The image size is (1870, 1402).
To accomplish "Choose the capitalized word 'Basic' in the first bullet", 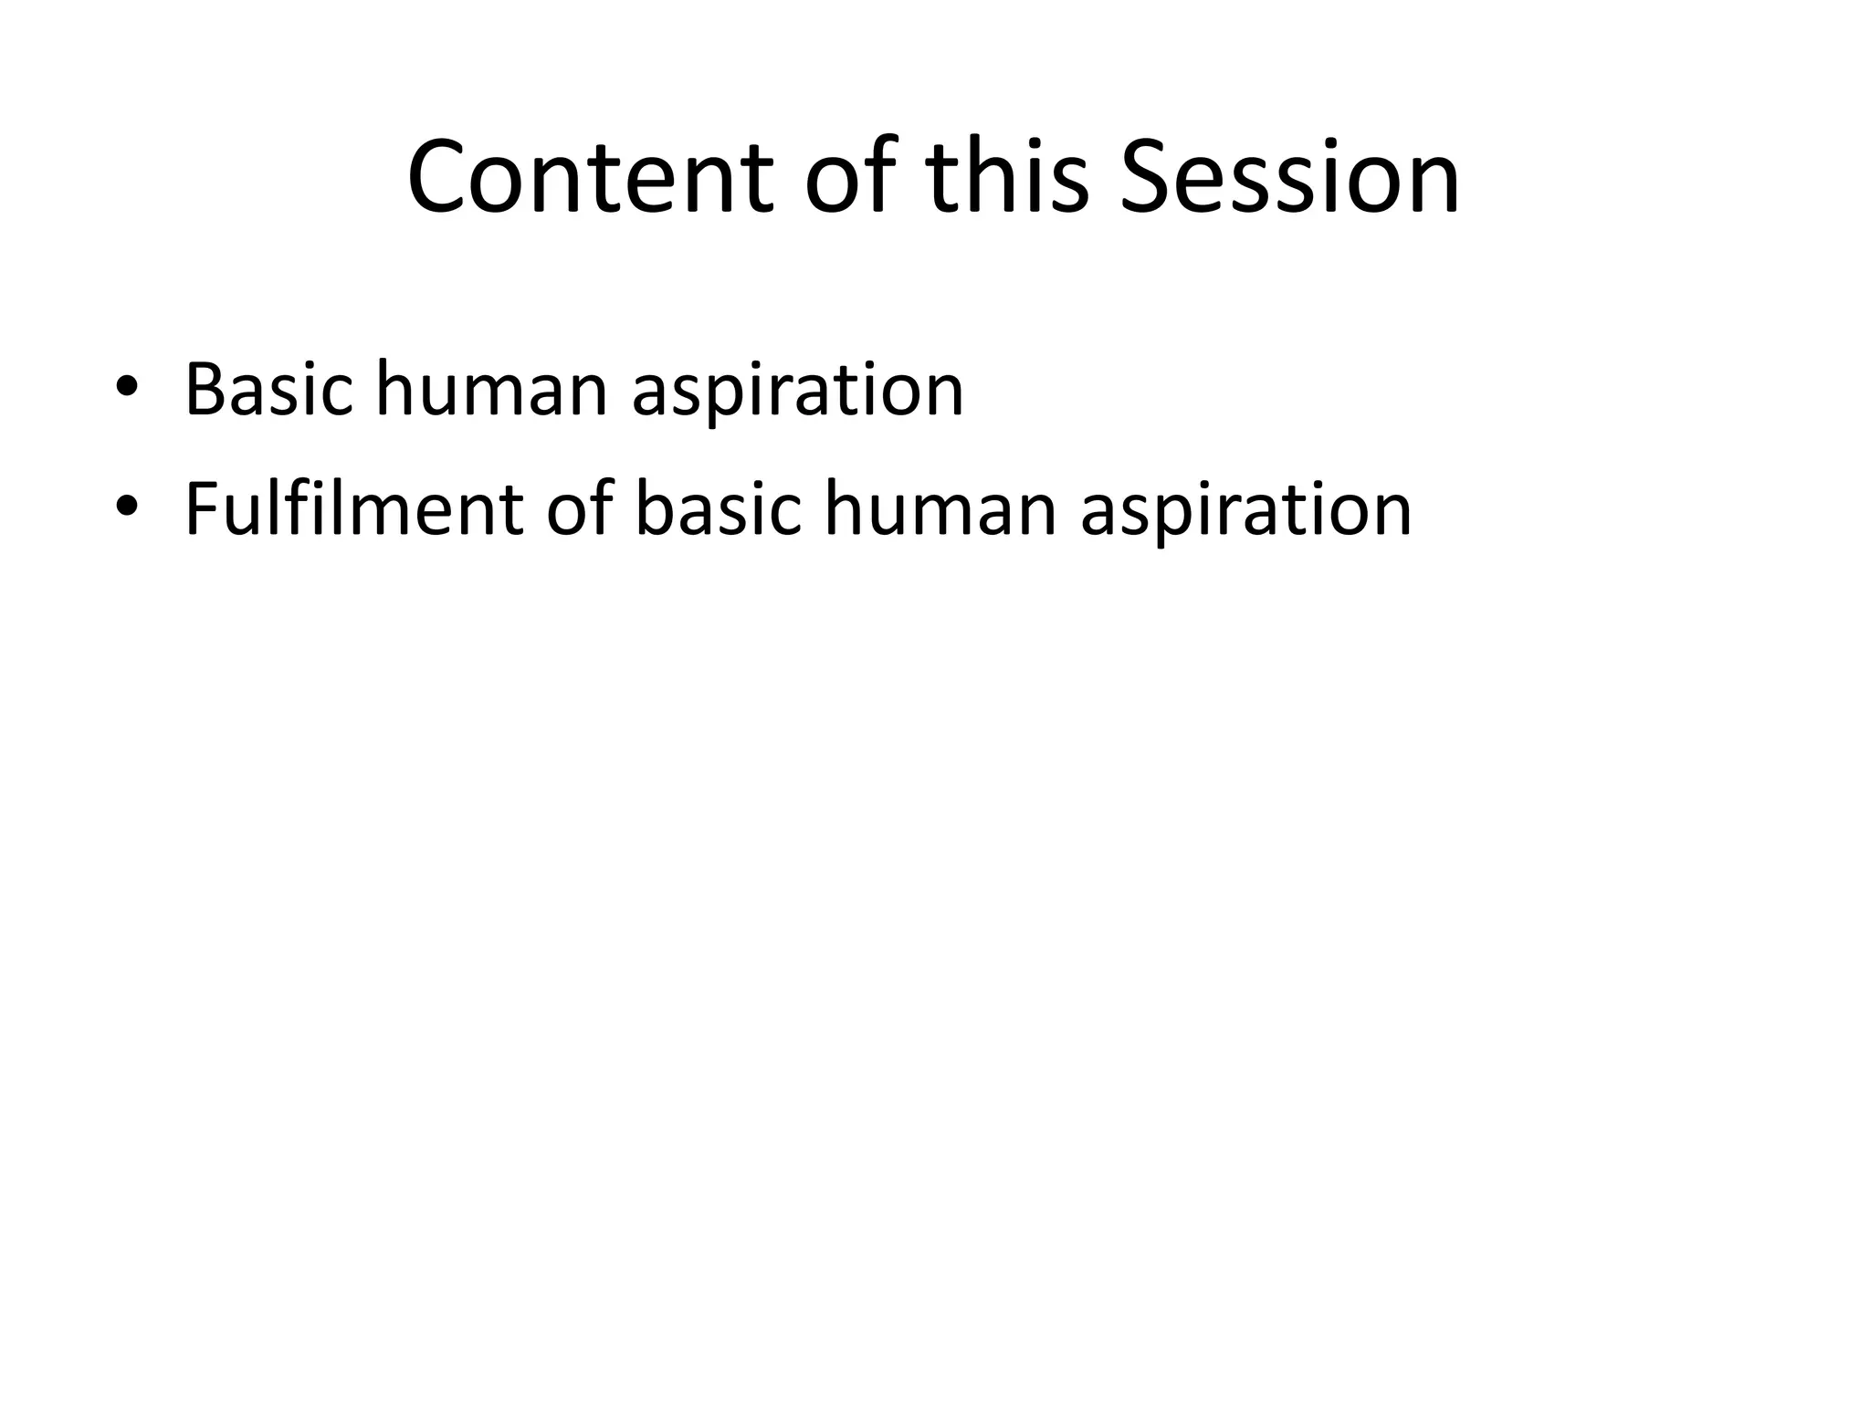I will pyautogui.click(x=268, y=390).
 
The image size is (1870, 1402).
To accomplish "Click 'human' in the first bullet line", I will pyautogui.click(x=491, y=390).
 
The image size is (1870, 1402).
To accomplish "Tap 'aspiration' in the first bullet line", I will pyautogui.click(x=797, y=390).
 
